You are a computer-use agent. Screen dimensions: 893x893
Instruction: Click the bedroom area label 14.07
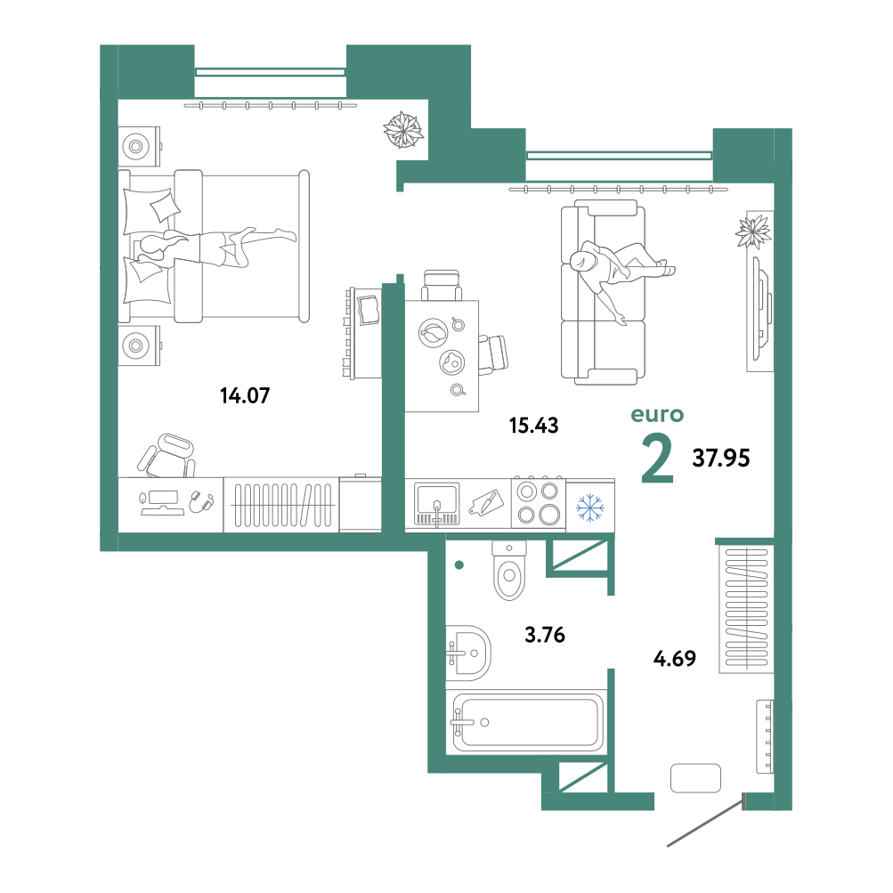[x=245, y=395]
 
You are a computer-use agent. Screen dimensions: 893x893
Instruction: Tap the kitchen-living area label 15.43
[x=533, y=426]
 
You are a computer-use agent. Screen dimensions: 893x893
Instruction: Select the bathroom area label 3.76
[x=545, y=635]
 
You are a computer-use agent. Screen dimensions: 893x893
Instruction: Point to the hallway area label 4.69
[x=674, y=658]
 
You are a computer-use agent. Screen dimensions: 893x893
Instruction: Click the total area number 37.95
[x=721, y=458]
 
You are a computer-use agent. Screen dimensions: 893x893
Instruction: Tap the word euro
[x=657, y=415]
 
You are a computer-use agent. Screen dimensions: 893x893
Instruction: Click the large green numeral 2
[x=657, y=458]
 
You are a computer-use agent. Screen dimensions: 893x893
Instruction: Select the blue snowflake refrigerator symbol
[x=590, y=507]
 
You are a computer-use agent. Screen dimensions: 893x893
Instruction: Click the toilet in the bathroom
[x=509, y=570]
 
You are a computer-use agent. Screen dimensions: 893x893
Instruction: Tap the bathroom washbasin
[x=467, y=653]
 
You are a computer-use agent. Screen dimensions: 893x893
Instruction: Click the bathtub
[x=528, y=723]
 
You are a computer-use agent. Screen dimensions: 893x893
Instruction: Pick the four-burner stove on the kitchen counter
[x=538, y=503]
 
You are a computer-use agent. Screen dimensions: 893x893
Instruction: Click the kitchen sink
[x=437, y=504]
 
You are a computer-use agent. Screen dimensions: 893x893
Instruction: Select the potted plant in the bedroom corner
[x=403, y=130]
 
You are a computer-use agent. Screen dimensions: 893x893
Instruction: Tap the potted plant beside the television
[x=753, y=231]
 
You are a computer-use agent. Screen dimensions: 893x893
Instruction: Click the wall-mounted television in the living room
[x=763, y=308]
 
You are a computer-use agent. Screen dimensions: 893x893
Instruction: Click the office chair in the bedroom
[x=167, y=455]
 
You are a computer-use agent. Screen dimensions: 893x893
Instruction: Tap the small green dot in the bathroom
[x=459, y=565]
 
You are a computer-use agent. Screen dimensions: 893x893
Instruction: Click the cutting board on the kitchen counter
[x=486, y=503]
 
